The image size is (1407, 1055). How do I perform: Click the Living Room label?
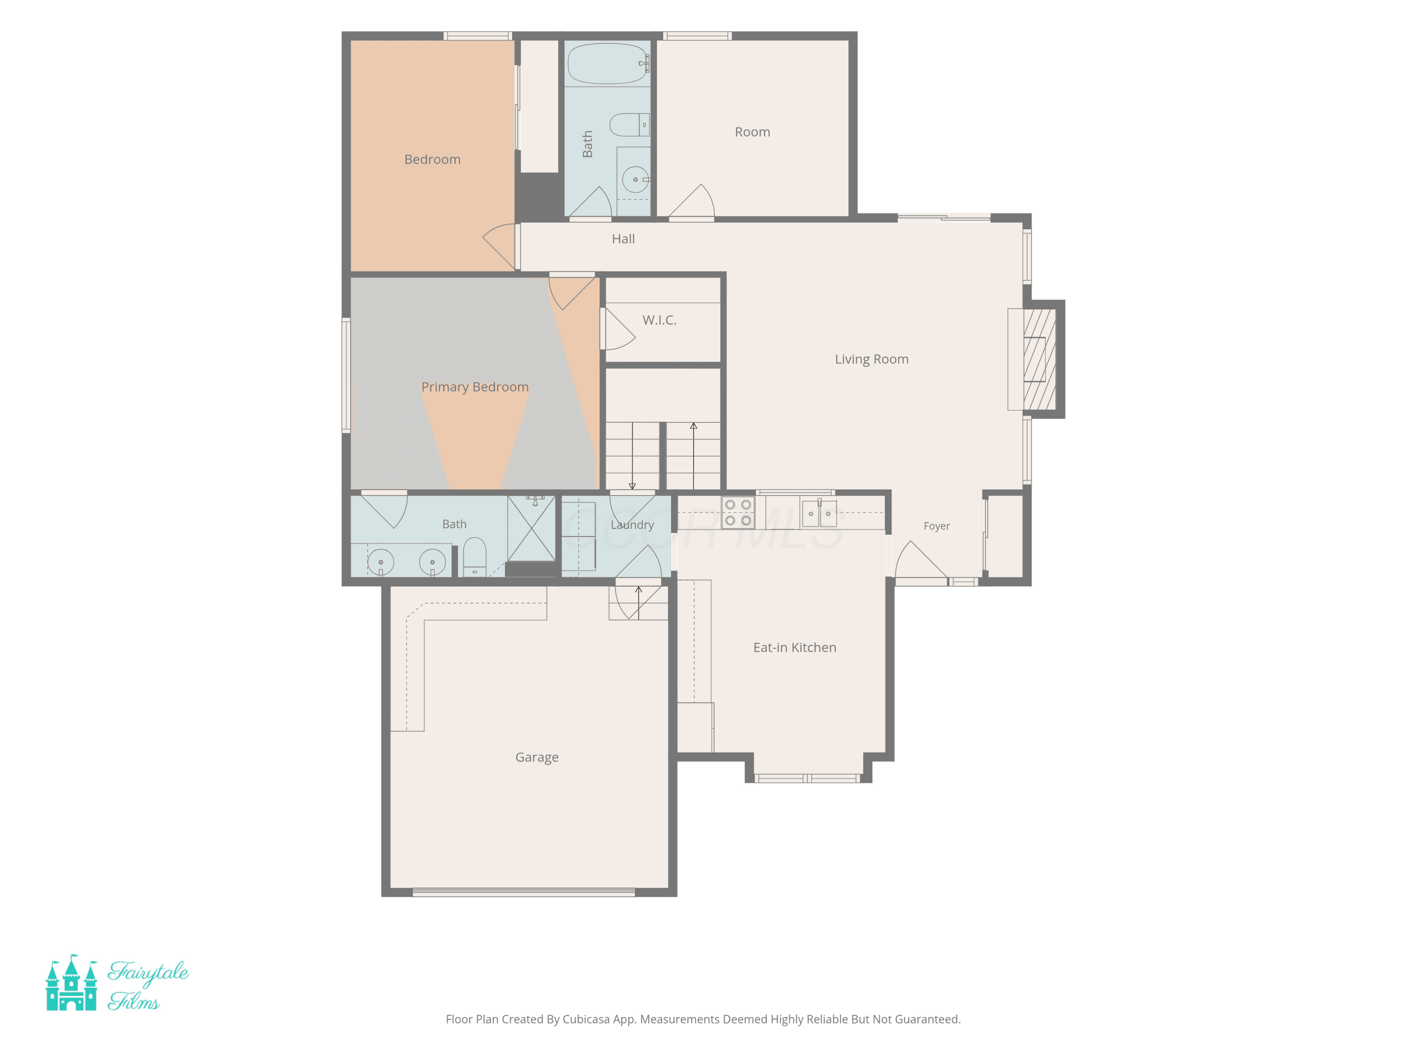click(871, 359)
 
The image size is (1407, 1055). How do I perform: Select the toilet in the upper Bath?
click(629, 125)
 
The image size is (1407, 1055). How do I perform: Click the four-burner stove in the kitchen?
click(738, 512)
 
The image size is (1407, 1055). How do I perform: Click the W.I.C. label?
click(659, 320)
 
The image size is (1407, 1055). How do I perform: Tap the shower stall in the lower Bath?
click(531, 528)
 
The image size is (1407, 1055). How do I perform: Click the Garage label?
click(537, 757)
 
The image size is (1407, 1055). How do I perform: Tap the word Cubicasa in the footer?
click(586, 1019)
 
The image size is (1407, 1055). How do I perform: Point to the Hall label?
click(623, 239)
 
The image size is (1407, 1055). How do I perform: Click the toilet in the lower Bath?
click(475, 557)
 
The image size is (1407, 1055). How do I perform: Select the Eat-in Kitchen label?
click(794, 648)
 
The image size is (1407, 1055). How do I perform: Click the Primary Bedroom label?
click(475, 387)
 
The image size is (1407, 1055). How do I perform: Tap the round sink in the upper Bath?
click(635, 179)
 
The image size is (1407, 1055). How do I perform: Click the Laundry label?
click(632, 525)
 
